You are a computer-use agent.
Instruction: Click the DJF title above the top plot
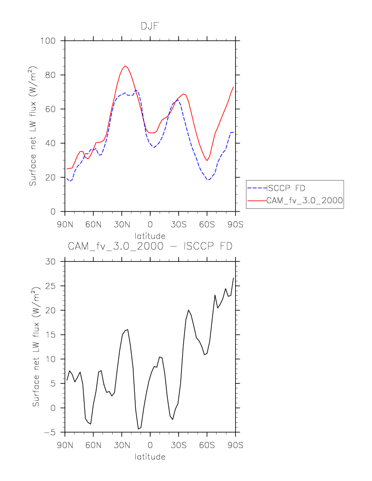pyautogui.click(x=150, y=26)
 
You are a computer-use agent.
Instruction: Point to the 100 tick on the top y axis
pyautogui.click(x=51, y=41)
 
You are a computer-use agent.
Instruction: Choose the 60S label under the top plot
pyautogui.click(x=207, y=225)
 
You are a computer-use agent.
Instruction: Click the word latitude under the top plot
pyautogui.click(x=150, y=236)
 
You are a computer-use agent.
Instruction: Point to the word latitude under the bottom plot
pyautogui.click(x=150, y=457)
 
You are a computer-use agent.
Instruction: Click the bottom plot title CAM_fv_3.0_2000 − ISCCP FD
pyautogui.click(x=150, y=246)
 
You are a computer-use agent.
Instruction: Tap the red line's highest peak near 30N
pyautogui.click(x=125, y=66)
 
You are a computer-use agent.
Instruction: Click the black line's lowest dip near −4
pyautogui.click(x=138, y=429)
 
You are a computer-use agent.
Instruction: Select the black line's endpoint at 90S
pyautogui.click(x=234, y=278)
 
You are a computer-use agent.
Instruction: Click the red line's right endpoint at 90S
pyautogui.click(x=234, y=87)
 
